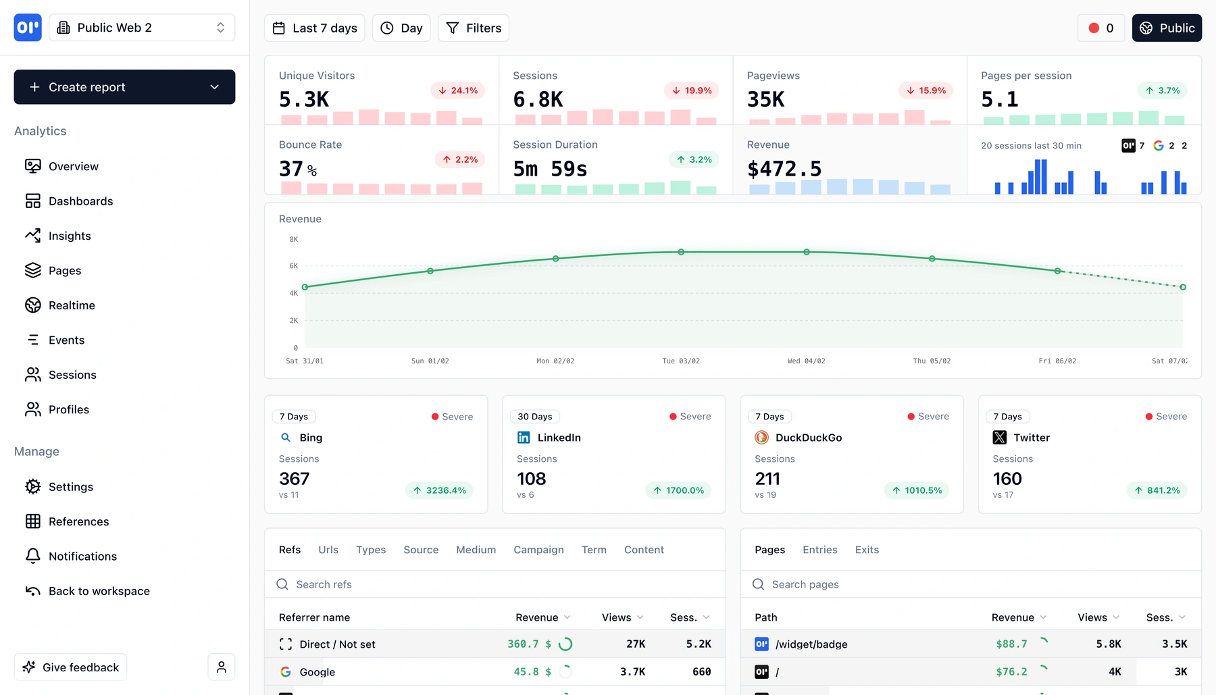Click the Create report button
124,87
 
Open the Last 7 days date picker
315,28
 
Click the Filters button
474,28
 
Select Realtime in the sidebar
72,305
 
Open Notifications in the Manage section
82,557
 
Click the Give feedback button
71,667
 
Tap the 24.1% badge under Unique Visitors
457,91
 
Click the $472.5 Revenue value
784,169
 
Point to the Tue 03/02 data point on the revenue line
681,252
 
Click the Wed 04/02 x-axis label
806,361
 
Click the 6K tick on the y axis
293,266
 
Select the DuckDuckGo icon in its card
761,438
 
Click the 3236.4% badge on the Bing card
439,490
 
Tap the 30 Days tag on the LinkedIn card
534,417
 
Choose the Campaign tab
538,550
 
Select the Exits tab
867,550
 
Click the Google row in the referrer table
317,672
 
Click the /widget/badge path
811,644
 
